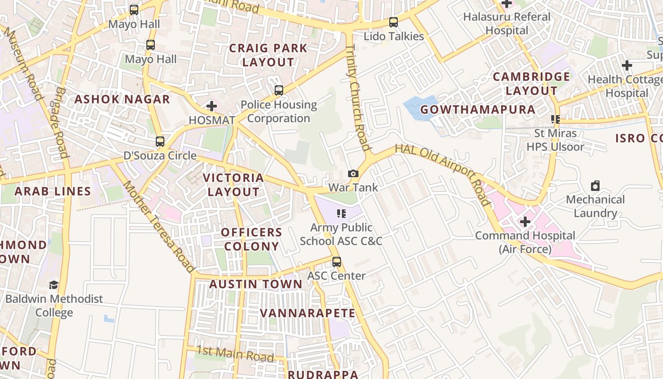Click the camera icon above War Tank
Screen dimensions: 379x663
tap(353, 174)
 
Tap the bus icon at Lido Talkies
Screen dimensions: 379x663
tap(393, 22)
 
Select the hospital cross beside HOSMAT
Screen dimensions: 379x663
tap(212, 106)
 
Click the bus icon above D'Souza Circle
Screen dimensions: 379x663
tap(160, 141)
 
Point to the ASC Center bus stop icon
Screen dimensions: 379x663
tap(336, 262)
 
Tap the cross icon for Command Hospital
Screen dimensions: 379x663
tap(525, 221)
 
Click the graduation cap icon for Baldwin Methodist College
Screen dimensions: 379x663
tap(54, 285)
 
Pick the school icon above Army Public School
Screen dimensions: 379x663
tap(341, 214)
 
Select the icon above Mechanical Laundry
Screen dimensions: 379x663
tap(595, 186)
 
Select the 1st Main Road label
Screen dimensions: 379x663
tap(235, 353)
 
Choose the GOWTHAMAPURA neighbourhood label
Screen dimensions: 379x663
tap(477, 109)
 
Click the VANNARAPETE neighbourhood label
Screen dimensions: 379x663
tap(307, 313)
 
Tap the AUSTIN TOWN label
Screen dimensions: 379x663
tap(256, 284)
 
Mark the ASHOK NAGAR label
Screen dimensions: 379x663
tap(122, 99)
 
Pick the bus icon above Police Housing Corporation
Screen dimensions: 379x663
tap(279, 90)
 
